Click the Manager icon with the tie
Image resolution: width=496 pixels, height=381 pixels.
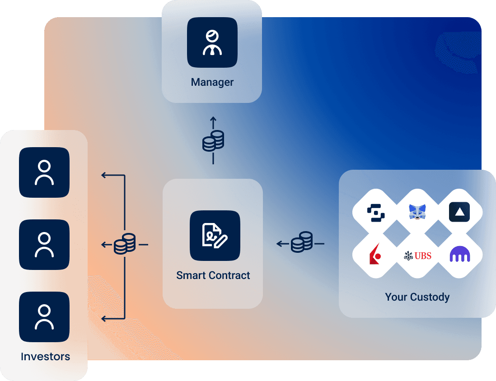tap(212, 42)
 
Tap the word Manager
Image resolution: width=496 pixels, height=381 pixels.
tap(212, 82)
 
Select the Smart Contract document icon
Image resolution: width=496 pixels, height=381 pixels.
tap(215, 235)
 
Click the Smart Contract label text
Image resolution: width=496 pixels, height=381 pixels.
tap(213, 275)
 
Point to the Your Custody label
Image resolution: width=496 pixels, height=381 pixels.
tap(417, 297)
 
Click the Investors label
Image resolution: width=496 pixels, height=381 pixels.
tap(45, 357)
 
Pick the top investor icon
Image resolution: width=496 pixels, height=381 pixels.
tap(44, 172)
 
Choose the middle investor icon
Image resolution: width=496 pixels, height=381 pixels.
tap(44, 244)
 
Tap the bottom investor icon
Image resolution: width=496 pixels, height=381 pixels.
tap(44, 316)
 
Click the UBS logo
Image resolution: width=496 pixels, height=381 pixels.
tap(417, 256)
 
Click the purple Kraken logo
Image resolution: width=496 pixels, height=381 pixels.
tap(460, 256)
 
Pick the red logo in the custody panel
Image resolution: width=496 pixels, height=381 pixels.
tap(374, 256)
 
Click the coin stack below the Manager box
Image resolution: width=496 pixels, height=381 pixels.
tap(213, 140)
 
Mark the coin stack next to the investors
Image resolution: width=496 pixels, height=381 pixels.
tap(125, 244)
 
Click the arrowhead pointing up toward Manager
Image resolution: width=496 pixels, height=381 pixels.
tap(213, 119)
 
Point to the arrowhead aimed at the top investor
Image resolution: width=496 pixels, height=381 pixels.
tap(104, 175)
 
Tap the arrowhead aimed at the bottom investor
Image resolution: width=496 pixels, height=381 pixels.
tap(104, 319)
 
